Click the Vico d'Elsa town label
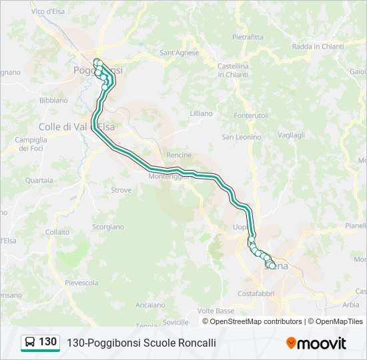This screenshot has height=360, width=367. pos(48,11)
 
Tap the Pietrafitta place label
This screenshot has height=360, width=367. pos(248,37)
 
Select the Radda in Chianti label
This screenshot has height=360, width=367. pos(318,47)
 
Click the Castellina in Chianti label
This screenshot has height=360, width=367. pos(233,70)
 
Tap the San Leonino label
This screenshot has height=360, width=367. pos(242,137)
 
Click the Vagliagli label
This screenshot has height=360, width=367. pos(290,134)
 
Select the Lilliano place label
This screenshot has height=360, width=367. pos(201,113)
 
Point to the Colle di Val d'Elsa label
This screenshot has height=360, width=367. pos(77,127)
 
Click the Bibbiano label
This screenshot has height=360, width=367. pos(54,100)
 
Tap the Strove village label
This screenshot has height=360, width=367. pos(121,190)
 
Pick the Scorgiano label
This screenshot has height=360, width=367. pos(107,227)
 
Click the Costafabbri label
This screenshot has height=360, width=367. pos(256,293)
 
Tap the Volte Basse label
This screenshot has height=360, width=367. pos(216,311)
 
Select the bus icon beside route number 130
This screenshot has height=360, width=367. pos(30,343)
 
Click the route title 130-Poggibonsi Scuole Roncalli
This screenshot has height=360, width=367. pos(141,343)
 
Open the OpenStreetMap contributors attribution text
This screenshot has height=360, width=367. pos(256,321)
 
